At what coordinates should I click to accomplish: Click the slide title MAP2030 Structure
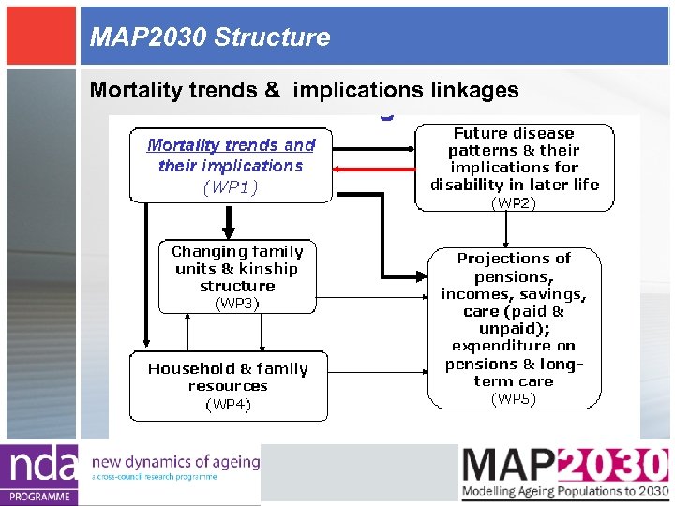(x=210, y=37)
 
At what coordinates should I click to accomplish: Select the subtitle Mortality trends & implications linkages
(x=304, y=90)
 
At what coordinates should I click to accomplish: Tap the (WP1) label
(x=231, y=186)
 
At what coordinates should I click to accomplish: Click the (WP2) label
(x=514, y=201)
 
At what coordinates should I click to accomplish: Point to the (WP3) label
(x=237, y=303)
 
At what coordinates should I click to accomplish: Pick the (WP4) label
(x=228, y=404)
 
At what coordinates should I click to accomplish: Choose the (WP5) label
(x=514, y=399)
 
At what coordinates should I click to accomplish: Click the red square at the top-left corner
(x=39, y=34)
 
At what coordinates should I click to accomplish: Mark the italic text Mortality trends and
(x=232, y=145)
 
